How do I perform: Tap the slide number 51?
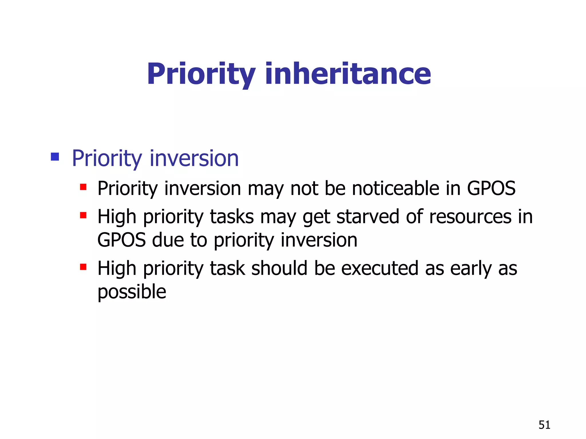(544, 425)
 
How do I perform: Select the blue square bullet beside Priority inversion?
(55, 157)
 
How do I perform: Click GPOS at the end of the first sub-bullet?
(491, 188)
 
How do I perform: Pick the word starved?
(368, 216)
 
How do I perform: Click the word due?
(168, 240)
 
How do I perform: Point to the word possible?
(132, 292)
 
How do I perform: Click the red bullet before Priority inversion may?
(83, 187)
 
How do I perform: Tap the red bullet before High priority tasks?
(83, 215)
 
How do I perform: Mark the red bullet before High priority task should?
(83, 267)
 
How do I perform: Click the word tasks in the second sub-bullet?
(232, 216)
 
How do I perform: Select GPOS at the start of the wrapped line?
(121, 240)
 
